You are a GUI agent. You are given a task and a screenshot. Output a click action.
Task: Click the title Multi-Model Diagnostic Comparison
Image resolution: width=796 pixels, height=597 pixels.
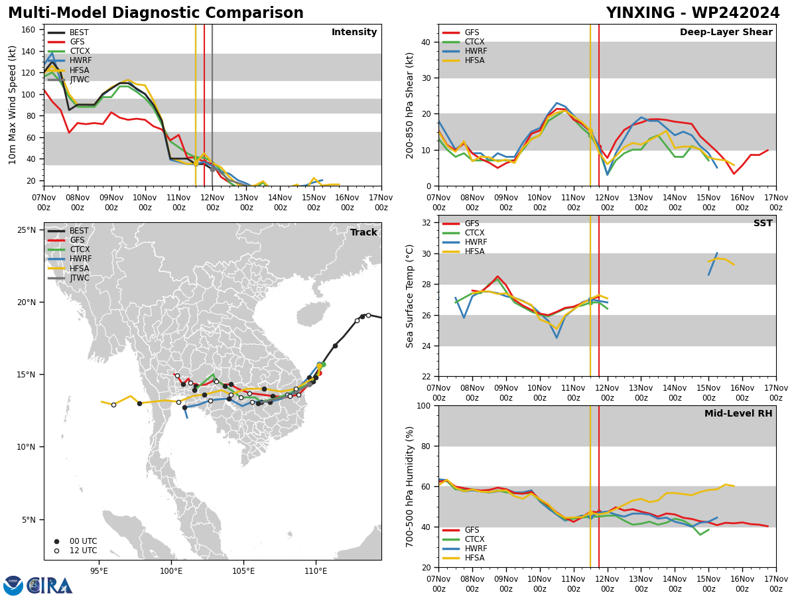pos(156,13)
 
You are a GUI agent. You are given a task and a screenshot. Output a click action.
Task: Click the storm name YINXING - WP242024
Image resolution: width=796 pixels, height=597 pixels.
pos(693,13)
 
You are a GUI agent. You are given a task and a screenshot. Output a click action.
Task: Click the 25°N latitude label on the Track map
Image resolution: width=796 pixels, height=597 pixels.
pos(27,230)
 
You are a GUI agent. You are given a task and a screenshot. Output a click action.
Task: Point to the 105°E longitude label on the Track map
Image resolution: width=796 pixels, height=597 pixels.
pos(243,571)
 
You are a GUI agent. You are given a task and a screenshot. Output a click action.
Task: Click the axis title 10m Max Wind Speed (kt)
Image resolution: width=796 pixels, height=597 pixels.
pos(12,105)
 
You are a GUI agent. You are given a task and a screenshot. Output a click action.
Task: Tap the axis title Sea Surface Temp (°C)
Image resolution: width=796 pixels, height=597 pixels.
pos(409,296)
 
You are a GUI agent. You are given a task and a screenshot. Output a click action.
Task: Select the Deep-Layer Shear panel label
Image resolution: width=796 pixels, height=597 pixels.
pos(726,32)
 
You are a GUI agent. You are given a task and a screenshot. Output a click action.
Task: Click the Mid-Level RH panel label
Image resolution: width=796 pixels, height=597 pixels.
pos(738,413)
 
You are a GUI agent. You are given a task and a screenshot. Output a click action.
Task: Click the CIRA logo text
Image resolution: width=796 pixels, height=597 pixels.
pos(50,586)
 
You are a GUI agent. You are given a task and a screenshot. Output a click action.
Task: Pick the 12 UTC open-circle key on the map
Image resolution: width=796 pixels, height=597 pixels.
pos(56,551)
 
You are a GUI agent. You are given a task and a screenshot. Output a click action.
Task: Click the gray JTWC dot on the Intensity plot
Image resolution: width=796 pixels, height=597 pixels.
pos(212,169)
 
